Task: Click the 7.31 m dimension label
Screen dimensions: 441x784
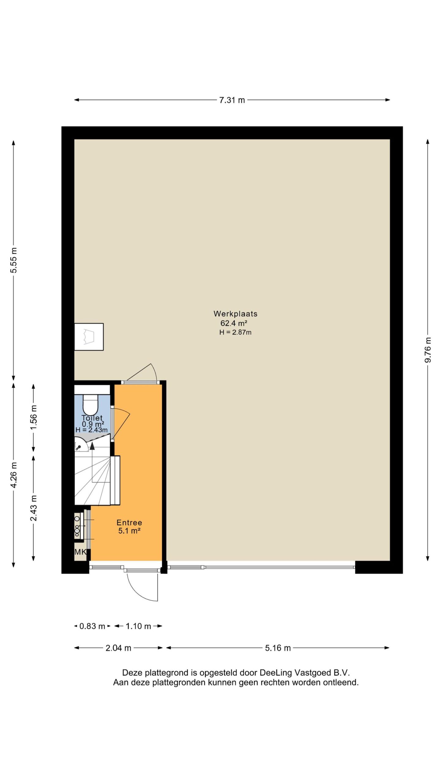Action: point(232,100)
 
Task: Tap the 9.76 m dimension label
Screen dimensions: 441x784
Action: point(428,350)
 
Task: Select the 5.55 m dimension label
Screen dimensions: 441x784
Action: point(13,260)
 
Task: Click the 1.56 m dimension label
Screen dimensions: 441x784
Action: point(33,417)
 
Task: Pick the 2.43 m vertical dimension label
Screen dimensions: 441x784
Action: point(33,508)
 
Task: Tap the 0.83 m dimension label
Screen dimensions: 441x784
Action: point(92,626)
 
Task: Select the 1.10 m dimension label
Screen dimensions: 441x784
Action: point(138,626)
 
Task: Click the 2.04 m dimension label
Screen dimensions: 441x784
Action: point(119,648)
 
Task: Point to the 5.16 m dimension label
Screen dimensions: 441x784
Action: point(278,648)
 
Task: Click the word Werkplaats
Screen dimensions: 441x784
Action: point(235,314)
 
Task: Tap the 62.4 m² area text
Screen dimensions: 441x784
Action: point(234,323)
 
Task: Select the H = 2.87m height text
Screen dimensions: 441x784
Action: point(235,332)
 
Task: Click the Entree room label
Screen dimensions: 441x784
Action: point(129,522)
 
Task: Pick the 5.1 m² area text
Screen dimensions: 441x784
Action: point(129,531)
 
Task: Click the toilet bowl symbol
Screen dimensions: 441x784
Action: point(90,405)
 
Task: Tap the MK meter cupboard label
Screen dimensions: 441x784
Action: point(81,552)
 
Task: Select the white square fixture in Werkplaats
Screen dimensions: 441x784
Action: point(89,337)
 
